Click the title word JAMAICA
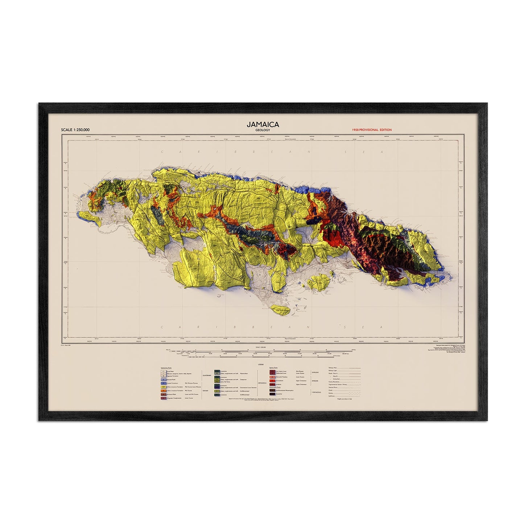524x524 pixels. tap(263, 124)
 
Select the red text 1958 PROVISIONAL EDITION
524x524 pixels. tap(371, 130)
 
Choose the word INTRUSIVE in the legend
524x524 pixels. tap(315, 381)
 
